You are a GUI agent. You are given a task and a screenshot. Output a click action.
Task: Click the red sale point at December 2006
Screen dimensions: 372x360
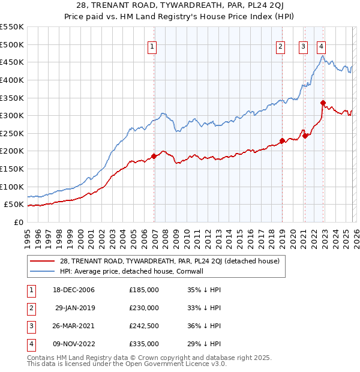coord(154,156)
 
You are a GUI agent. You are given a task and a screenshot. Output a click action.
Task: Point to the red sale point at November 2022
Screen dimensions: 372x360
coord(323,103)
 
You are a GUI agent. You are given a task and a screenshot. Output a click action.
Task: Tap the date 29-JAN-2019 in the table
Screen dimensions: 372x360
coord(75,308)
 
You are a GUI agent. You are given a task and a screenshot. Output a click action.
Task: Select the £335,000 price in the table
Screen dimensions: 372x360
coord(144,344)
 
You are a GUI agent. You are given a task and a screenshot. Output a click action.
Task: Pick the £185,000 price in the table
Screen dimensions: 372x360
coord(144,290)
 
